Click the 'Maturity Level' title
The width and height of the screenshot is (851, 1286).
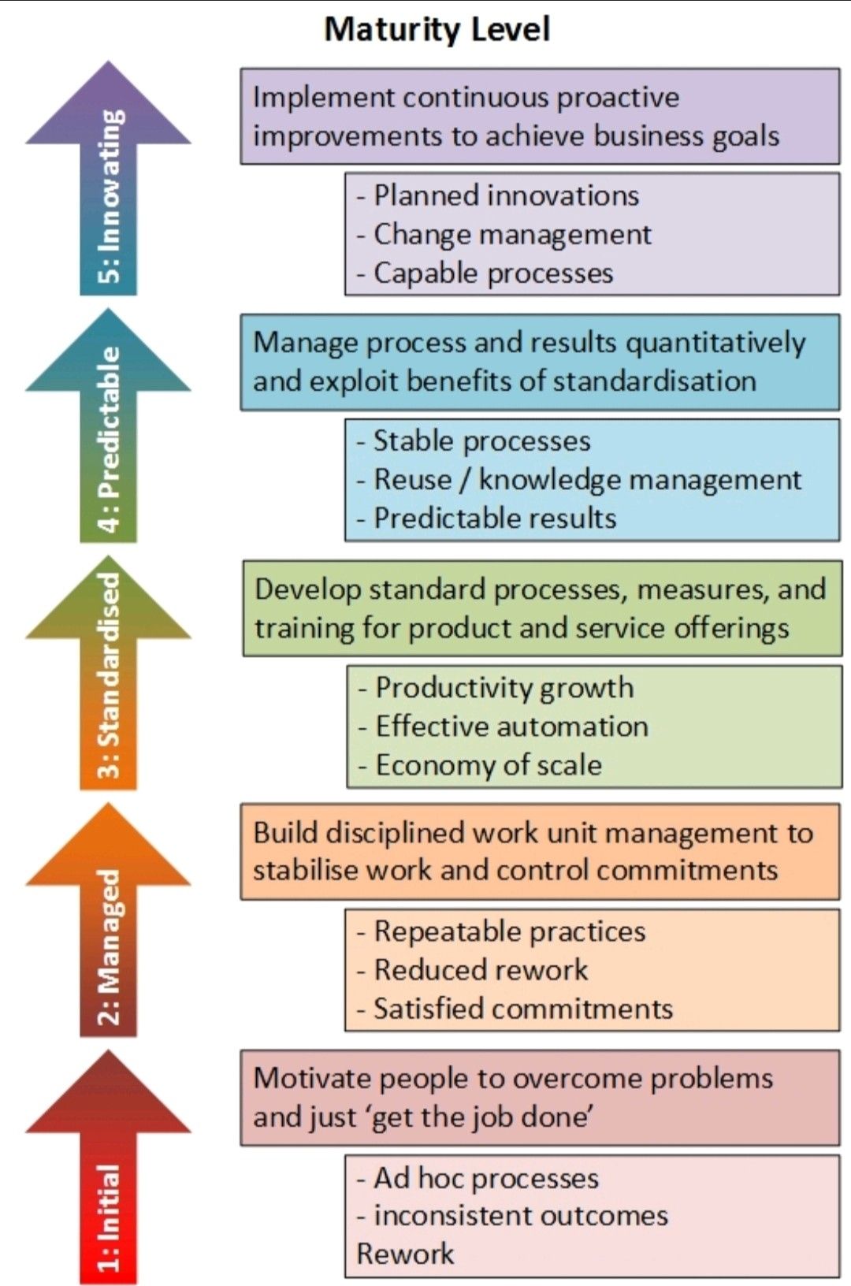click(437, 29)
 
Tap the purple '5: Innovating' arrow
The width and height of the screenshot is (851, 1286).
click(109, 189)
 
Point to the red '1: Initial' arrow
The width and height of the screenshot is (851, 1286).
click(109, 1174)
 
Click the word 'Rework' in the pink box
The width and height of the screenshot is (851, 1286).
click(405, 1253)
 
